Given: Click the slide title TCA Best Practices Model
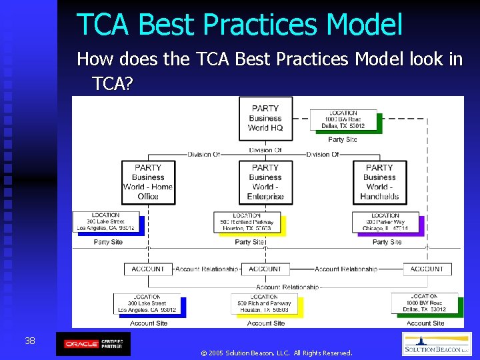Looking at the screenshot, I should (239, 24).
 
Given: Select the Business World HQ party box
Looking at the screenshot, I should (265, 118).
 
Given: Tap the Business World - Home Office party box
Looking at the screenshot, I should (148, 182).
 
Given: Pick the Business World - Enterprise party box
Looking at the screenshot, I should (265, 182).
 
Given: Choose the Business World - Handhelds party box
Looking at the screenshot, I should (379, 182).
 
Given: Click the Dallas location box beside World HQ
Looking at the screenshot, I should (343, 120).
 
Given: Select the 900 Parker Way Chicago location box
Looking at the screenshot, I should (385, 222).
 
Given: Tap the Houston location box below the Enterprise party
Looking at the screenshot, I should (247, 222).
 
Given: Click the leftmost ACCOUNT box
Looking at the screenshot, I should (148, 269).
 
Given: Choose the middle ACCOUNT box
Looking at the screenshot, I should (265, 269).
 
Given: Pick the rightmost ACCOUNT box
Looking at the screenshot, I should (427, 269).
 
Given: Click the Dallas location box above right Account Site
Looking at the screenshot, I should (424, 303).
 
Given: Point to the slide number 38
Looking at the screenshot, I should (30, 341).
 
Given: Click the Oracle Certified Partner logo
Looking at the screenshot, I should (93, 344).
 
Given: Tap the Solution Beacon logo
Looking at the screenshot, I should (437, 344).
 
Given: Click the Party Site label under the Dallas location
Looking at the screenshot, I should (343, 139).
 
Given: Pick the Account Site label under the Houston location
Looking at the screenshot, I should (265, 323).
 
